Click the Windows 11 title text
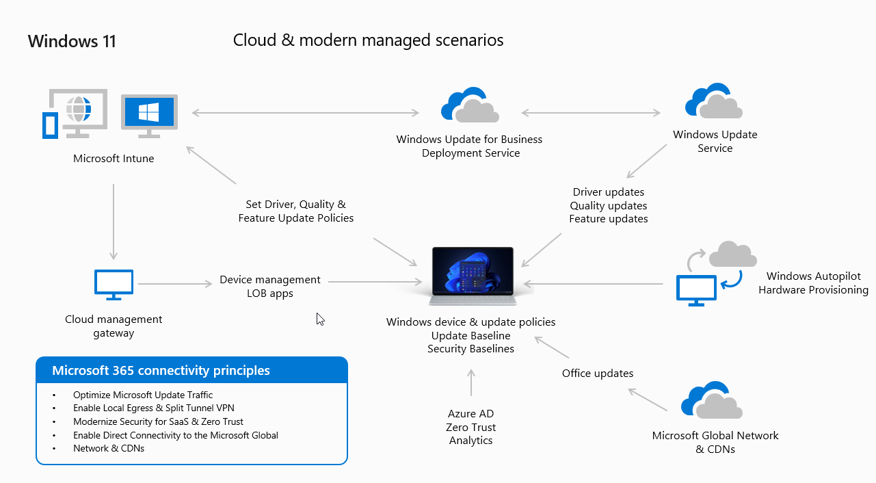(x=72, y=41)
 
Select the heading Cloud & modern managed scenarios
(x=368, y=40)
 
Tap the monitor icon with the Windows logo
(x=149, y=113)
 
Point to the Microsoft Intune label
(x=114, y=159)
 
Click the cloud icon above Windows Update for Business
(x=468, y=106)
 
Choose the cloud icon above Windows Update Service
(x=714, y=102)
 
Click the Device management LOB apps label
(x=269, y=287)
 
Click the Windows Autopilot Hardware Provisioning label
(x=813, y=283)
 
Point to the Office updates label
(x=598, y=374)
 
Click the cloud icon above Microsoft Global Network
(x=712, y=400)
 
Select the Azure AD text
(x=470, y=414)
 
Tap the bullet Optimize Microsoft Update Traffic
(x=142, y=395)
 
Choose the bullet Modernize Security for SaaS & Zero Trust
(x=158, y=421)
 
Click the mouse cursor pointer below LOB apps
(x=320, y=319)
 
